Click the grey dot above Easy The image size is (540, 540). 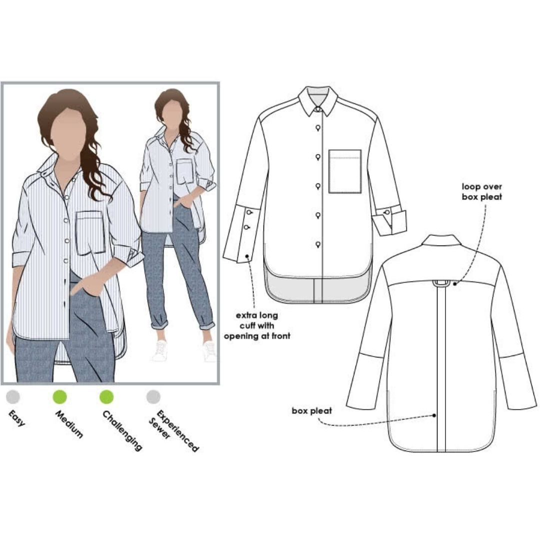pyautogui.click(x=13, y=396)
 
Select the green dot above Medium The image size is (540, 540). pyautogui.click(x=60, y=396)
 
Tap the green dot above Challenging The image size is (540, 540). pyautogui.click(x=106, y=396)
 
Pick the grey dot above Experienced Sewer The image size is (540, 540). pyautogui.click(x=153, y=396)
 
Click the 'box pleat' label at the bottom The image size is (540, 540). pyautogui.click(x=311, y=410)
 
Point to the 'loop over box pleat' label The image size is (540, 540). pyautogui.click(x=482, y=192)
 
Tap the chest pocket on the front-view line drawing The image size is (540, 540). pyautogui.click(x=344, y=171)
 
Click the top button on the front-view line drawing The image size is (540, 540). pyautogui.click(x=318, y=128)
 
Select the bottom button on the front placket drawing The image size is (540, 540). pyautogui.click(x=318, y=245)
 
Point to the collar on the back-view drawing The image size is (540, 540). pyautogui.click(x=441, y=240)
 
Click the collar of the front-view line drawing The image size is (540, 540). pyautogui.click(x=318, y=100)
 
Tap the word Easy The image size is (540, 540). pyautogui.click(x=16, y=418)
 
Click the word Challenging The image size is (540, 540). pyautogui.click(x=122, y=430)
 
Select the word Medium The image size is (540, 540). pyautogui.click(x=69, y=424)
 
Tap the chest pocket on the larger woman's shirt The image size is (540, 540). pyautogui.click(x=90, y=233)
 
